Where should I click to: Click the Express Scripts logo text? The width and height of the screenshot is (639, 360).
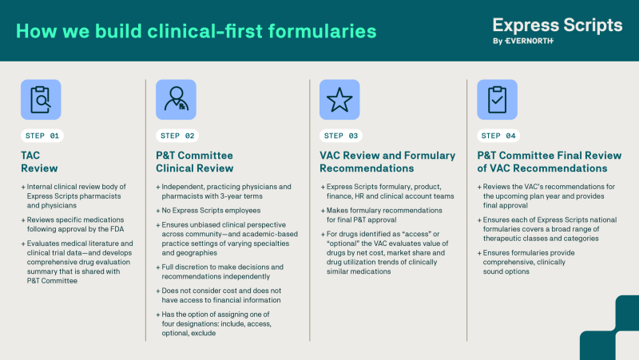[557, 24]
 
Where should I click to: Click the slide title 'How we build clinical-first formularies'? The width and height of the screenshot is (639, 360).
[196, 32]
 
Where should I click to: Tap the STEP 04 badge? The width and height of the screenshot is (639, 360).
[500, 136]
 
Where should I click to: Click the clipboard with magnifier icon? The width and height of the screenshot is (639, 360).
[41, 100]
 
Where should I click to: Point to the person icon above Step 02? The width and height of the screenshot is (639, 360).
[177, 100]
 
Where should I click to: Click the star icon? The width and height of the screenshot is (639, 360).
[339, 100]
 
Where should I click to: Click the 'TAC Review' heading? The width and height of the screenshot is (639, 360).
[36, 162]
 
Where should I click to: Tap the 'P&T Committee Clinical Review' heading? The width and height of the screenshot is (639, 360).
[196, 162]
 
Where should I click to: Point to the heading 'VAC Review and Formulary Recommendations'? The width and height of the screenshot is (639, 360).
[387, 162]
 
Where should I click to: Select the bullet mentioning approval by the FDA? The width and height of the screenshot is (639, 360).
[76, 225]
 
